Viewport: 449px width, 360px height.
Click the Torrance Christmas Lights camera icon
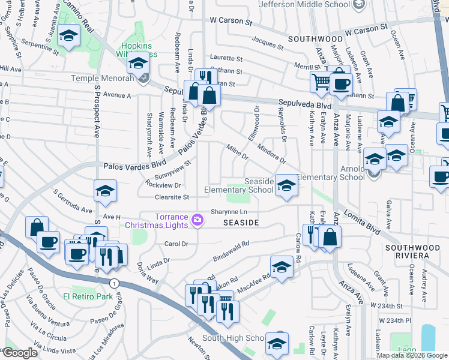197,221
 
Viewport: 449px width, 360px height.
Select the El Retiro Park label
88,296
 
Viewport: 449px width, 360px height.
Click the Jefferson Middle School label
304,5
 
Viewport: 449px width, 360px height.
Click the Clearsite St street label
172,197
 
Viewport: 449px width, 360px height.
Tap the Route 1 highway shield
113,282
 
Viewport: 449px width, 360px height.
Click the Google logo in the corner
19,353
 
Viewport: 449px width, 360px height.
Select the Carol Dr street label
176,244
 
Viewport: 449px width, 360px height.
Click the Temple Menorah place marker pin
143,78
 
